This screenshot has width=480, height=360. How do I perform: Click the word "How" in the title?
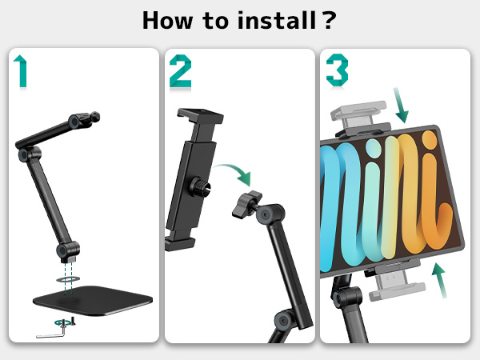pyautogui.click(x=168, y=21)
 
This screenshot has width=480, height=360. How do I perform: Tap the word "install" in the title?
pyautogui.click(x=277, y=20)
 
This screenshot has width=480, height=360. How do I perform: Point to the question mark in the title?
pyautogui.click(x=329, y=20)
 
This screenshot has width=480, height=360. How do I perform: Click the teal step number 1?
pyautogui.click(x=21, y=71)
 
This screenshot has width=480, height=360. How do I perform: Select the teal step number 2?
pyautogui.click(x=180, y=71)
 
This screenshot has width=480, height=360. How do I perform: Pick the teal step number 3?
pyautogui.click(x=337, y=70)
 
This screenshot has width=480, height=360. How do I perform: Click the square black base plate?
pyautogui.click(x=93, y=300)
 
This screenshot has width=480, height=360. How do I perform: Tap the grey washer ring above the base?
pyautogui.click(x=68, y=279)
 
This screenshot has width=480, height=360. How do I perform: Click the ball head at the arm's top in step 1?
pyautogui.click(x=94, y=117)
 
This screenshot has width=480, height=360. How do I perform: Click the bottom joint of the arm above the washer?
pyautogui.click(x=68, y=251)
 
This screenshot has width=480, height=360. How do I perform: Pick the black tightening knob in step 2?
pyautogui.click(x=246, y=203)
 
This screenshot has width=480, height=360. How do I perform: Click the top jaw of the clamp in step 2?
pyautogui.click(x=200, y=115)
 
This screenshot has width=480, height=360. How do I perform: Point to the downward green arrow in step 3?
pyautogui.click(x=401, y=105)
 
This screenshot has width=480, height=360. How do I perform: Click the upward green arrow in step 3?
pyautogui.click(x=439, y=280)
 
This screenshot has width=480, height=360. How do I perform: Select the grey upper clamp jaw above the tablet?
pyautogui.click(x=360, y=118)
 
